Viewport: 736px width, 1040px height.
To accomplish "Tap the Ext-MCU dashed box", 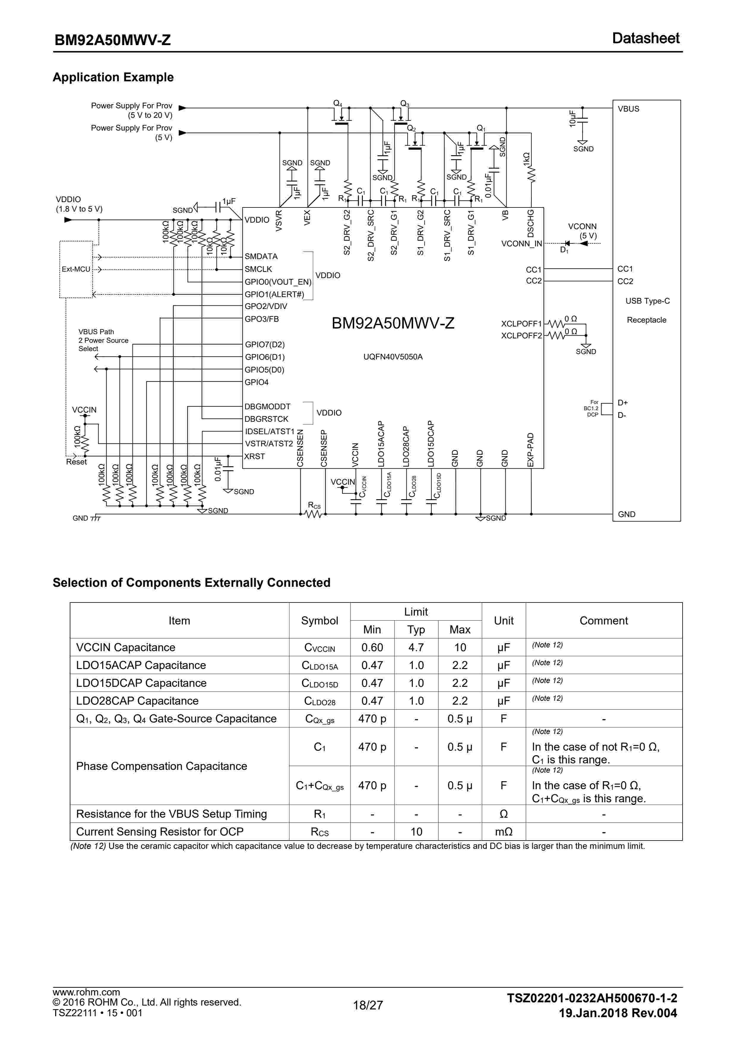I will (76, 269).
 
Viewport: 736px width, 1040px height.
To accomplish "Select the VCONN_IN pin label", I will (521, 244).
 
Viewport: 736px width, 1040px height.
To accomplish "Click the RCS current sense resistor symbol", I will (313, 514).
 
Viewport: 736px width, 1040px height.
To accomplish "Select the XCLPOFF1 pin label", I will (521, 324).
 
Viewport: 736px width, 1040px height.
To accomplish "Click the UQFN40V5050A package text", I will (393, 357).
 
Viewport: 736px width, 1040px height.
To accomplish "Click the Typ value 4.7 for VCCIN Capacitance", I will (416, 647).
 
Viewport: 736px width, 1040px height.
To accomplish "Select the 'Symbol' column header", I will (319, 621).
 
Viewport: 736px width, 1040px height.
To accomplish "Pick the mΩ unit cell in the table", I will (504, 832).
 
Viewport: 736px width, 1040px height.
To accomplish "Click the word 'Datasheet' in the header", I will (645, 39).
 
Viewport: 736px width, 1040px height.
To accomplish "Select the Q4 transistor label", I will (338, 104).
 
